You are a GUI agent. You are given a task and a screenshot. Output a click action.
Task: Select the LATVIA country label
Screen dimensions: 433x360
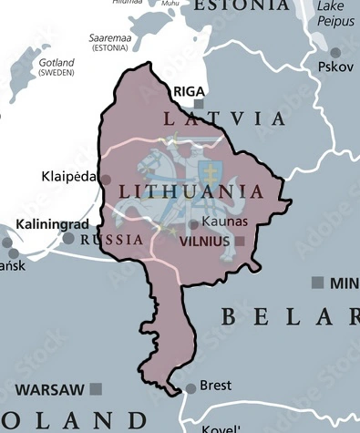point(223,119)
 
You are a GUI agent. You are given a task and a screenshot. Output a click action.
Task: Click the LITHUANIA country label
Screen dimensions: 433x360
point(191,192)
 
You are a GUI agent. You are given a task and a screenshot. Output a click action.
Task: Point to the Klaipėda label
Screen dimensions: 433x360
point(69,177)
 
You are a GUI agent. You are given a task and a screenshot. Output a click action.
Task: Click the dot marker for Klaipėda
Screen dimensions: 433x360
point(106,180)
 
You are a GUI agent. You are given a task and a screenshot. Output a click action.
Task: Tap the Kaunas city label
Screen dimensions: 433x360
point(223,222)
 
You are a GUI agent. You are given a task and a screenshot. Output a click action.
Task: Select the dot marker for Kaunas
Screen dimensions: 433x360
point(193,223)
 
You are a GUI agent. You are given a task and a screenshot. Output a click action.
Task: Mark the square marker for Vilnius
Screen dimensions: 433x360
point(239,241)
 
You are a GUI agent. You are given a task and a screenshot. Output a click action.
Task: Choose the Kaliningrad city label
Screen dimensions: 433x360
point(52,223)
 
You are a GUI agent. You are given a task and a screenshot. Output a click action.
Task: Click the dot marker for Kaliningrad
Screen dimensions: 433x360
point(68,238)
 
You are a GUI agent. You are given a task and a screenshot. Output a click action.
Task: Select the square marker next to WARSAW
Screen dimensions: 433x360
point(95,389)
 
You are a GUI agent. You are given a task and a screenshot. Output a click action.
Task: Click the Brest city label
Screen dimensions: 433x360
point(216,387)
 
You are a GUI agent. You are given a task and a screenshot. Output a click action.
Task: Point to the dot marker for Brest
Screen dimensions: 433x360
point(190,388)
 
